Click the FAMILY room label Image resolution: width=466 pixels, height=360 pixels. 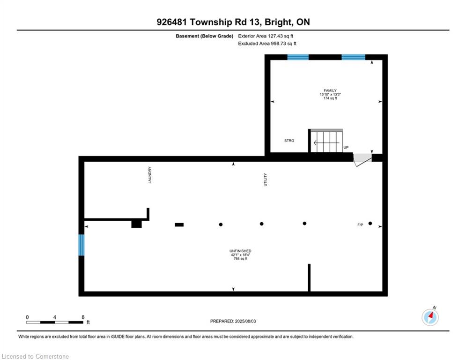330,90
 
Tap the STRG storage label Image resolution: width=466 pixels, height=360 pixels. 289,141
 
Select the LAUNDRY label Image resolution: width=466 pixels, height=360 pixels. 150,175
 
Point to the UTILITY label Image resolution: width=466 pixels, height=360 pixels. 266,180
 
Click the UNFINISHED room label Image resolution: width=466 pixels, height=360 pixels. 240,251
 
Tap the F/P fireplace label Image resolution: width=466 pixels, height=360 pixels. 360,225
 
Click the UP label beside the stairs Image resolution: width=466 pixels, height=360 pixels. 346,147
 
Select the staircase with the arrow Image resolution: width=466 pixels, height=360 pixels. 326,141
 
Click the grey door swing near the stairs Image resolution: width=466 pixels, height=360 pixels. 362,159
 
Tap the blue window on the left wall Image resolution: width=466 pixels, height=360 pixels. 81,245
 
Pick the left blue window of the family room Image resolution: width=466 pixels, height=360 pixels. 298,57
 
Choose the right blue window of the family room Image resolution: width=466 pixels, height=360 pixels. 353,57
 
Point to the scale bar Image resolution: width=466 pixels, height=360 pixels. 55,322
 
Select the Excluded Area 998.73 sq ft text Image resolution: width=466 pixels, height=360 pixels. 267,44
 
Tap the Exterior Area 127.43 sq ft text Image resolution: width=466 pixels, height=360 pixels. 266,36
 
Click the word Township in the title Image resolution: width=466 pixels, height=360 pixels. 211,22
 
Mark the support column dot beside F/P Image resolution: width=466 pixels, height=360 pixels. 370,224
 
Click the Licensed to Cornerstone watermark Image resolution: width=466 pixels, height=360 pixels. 35,356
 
